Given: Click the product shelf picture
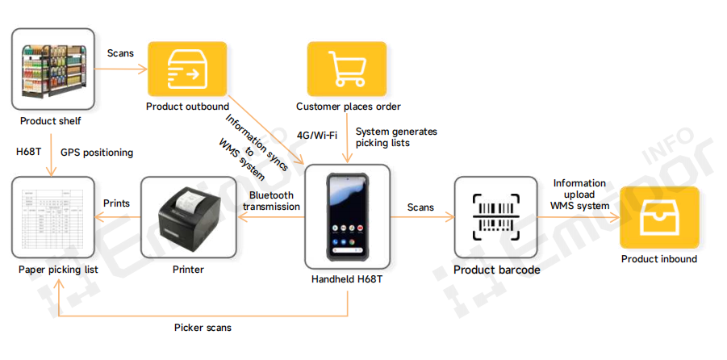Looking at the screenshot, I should (53, 69).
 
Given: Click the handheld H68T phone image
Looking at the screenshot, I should (348, 216).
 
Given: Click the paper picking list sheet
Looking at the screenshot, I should (53, 218).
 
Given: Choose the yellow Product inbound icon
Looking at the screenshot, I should (658, 216).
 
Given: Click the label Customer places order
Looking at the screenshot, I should (348, 107).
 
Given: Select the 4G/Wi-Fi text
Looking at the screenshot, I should (317, 135).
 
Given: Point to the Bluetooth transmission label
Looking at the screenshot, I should (273, 201).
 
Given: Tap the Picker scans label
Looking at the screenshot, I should (203, 328).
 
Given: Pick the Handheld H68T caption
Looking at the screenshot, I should (347, 279).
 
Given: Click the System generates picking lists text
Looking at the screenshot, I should (395, 137).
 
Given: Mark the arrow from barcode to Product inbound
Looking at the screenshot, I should (579, 217).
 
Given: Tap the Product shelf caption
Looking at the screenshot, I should (51, 122).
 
